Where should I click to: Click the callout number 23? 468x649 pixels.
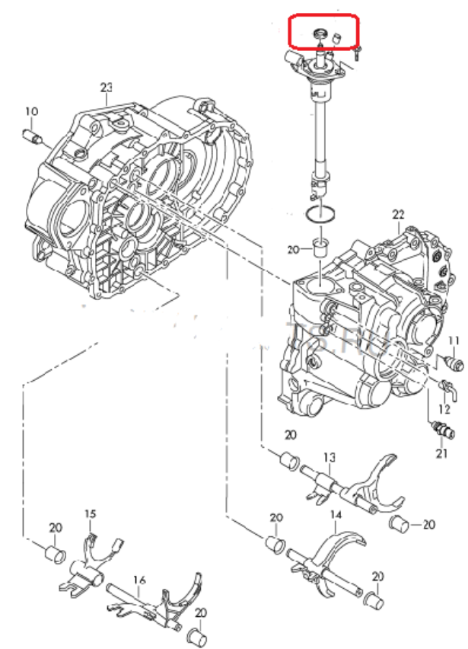click(x=106, y=87)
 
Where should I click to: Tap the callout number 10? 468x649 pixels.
click(x=30, y=112)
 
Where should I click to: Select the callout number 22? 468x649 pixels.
click(x=397, y=215)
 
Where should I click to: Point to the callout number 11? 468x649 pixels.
click(x=454, y=340)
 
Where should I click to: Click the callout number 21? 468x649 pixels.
click(x=442, y=454)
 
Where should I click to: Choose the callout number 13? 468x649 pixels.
click(x=329, y=457)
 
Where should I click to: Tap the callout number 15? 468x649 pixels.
click(x=90, y=515)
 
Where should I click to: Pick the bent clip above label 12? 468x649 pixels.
click(x=448, y=388)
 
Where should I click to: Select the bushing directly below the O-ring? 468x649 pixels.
click(x=320, y=248)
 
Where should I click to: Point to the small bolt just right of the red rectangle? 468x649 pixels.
click(x=357, y=52)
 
